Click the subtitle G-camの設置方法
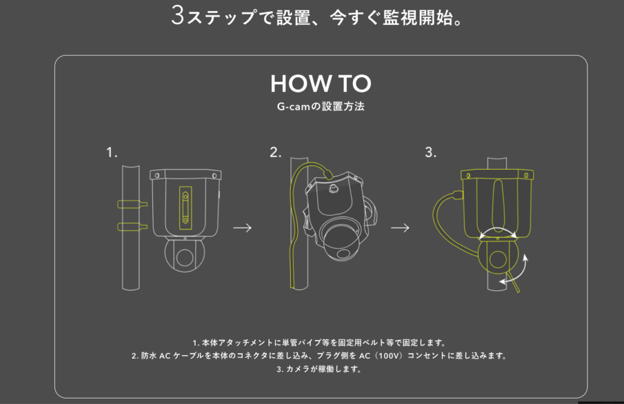click(x=321, y=106)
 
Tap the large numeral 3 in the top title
click(x=177, y=15)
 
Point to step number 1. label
click(x=112, y=153)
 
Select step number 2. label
click(x=276, y=153)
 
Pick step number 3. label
click(x=431, y=153)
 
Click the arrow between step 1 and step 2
click(x=243, y=228)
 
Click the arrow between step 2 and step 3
click(x=400, y=228)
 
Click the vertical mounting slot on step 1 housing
click(x=185, y=206)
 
